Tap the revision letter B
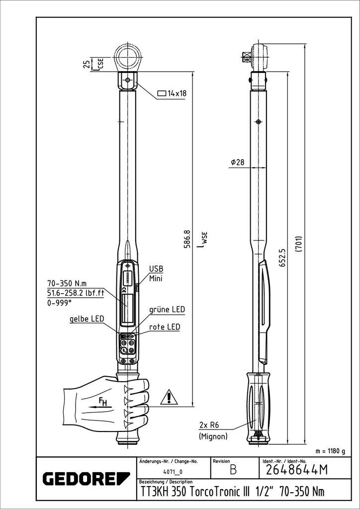point(233,470)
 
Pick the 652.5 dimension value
point(282,258)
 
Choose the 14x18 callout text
point(172,93)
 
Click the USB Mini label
point(156,273)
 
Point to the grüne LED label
point(167,310)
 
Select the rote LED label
point(165,327)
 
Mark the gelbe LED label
point(87,319)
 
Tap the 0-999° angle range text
point(59,303)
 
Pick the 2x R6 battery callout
point(209,424)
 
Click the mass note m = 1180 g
point(330,451)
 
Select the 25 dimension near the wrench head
point(87,64)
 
